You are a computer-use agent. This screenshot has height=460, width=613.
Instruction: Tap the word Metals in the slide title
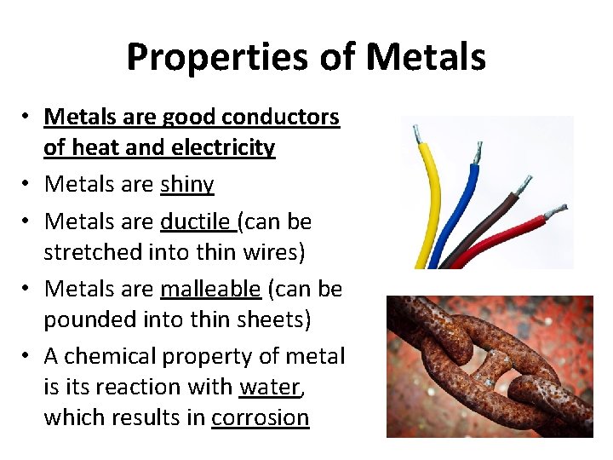(x=427, y=58)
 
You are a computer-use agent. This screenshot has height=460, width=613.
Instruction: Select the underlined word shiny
(x=187, y=184)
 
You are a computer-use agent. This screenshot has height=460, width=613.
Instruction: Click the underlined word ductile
(x=196, y=221)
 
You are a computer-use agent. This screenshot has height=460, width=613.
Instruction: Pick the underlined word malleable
(x=210, y=289)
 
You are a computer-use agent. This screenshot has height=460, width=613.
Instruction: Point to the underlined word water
(x=270, y=387)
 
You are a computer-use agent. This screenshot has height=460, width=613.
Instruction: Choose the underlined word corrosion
(x=260, y=417)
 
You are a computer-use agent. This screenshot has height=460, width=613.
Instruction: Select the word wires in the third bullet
(x=278, y=252)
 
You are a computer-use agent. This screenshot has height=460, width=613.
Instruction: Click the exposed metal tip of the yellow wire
(x=416, y=134)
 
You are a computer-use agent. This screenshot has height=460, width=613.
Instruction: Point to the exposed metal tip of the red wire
(x=555, y=210)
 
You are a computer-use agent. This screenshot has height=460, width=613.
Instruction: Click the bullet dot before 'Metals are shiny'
(x=27, y=185)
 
